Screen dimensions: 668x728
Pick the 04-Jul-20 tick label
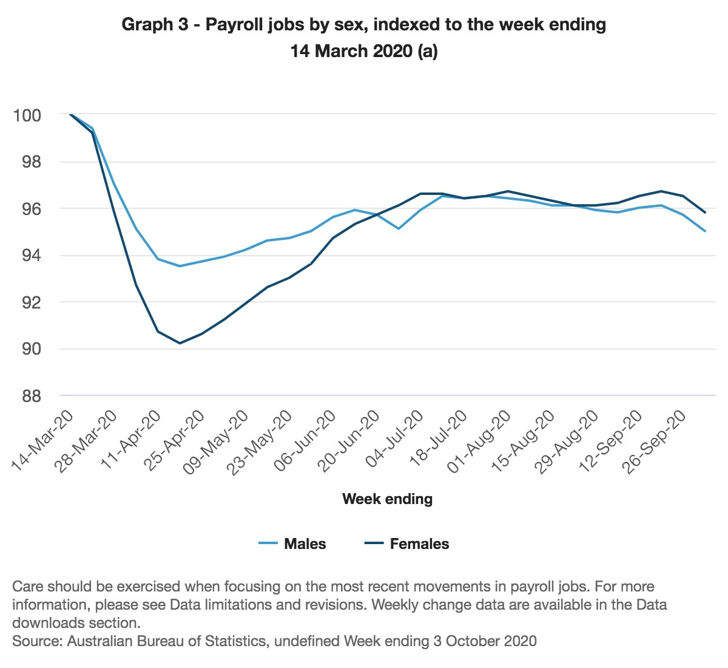point(396,440)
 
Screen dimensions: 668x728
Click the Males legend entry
point(305,544)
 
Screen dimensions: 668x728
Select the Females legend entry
point(419,544)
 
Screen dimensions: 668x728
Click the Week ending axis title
point(387,499)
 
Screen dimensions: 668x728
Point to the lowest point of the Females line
point(180,343)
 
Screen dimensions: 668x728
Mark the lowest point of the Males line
point(180,266)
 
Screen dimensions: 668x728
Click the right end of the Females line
point(705,213)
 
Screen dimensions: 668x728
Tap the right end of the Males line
point(705,231)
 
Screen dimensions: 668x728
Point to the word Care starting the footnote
point(27,587)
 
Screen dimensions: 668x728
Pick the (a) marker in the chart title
point(427,51)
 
